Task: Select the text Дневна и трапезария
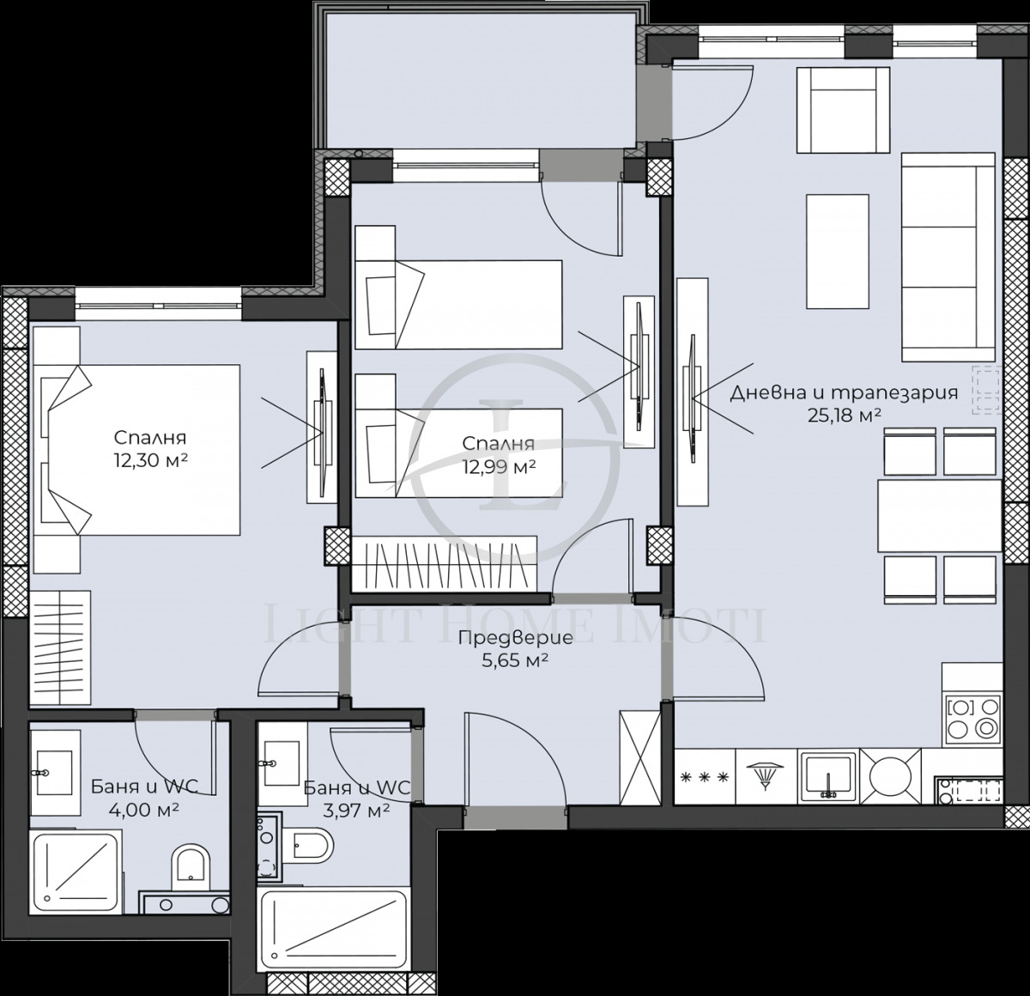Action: [x=843, y=394]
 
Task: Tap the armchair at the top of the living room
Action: [x=843, y=109]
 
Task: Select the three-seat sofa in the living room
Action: [x=939, y=258]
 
